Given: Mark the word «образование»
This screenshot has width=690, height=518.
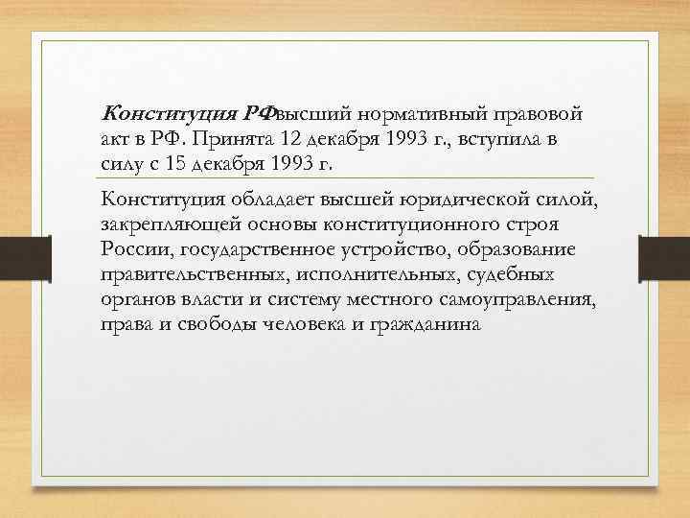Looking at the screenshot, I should (x=508, y=249).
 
